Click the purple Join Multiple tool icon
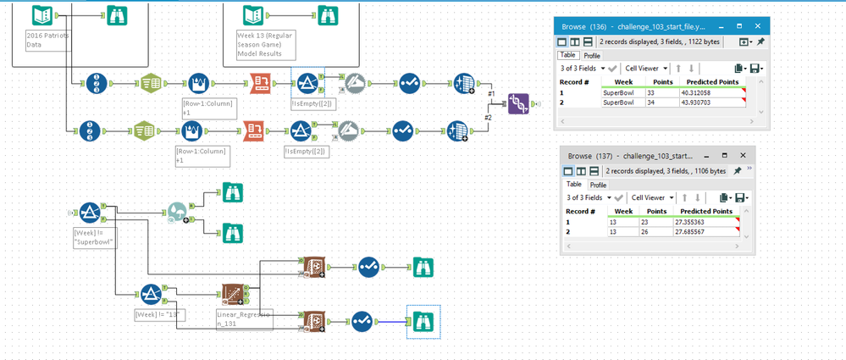pos(518,104)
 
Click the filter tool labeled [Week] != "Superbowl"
pos(91,213)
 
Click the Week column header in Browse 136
pos(616,81)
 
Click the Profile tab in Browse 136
pos(593,56)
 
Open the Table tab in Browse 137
pos(573,185)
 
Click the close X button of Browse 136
pos(757,26)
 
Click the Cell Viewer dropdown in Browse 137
pos(650,197)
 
